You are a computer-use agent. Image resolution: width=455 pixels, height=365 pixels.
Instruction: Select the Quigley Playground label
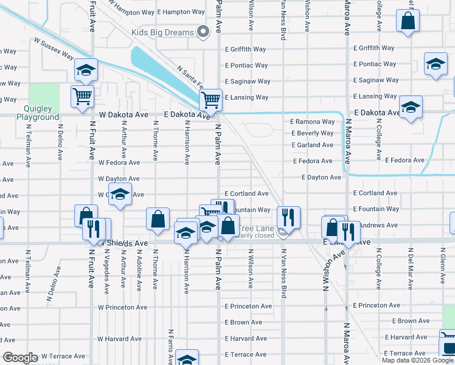38,113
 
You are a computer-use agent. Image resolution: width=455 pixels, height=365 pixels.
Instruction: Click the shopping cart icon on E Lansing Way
210,99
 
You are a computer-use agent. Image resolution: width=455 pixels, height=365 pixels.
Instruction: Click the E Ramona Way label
312,122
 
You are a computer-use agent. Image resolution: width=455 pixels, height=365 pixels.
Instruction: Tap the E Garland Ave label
312,145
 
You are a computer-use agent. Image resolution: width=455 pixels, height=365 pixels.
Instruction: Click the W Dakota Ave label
123,114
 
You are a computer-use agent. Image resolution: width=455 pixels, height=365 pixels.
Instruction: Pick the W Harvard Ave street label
120,339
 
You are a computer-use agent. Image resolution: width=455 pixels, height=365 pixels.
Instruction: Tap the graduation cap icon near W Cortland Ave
120,195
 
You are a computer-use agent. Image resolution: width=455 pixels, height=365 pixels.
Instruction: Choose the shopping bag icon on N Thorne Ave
158,219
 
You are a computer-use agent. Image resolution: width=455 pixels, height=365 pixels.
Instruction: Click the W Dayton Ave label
119,179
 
